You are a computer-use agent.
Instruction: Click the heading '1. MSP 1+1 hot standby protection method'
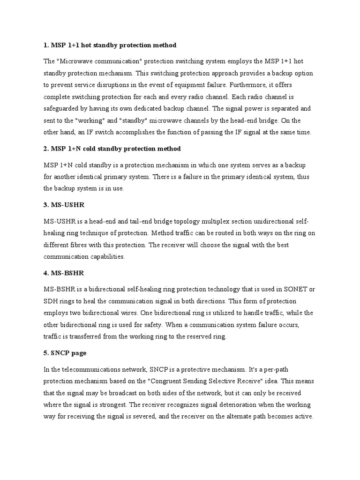pyautogui.click(x=110, y=45)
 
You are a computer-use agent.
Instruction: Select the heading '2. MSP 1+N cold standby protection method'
pyautogui.click(x=112, y=149)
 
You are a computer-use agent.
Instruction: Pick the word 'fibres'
pyautogui.click(x=83, y=245)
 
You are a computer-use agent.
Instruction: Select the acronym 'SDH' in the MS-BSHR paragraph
pyautogui.click(x=51, y=301)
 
